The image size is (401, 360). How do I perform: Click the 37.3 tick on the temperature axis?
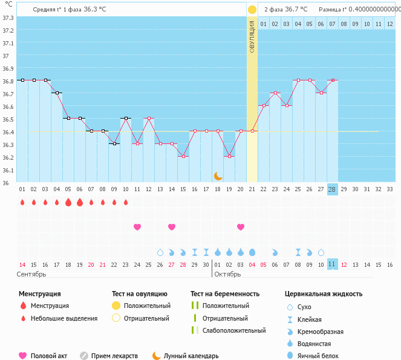(8, 18)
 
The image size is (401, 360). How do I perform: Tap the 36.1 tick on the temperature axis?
(8, 170)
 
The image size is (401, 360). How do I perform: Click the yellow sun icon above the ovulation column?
(252, 10)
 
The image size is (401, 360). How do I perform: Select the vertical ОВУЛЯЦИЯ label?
(252, 36)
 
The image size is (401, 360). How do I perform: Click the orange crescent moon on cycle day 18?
(218, 176)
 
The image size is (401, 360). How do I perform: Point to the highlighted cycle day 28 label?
(332, 189)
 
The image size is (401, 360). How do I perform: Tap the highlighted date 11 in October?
(332, 264)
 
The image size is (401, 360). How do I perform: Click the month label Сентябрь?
(32, 274)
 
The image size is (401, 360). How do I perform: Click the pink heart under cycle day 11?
(137, 227)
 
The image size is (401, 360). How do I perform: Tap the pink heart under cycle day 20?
(241, 227)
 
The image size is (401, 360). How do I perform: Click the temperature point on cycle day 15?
(183, 156)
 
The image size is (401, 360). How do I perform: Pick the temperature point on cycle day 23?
(275, 93)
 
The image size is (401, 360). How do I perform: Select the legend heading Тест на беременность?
(225, 293)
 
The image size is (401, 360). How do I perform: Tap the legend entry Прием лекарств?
(114, 356)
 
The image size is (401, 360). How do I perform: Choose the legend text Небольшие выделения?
(64, 318)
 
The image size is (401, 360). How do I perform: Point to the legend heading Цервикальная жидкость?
(324, 293)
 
